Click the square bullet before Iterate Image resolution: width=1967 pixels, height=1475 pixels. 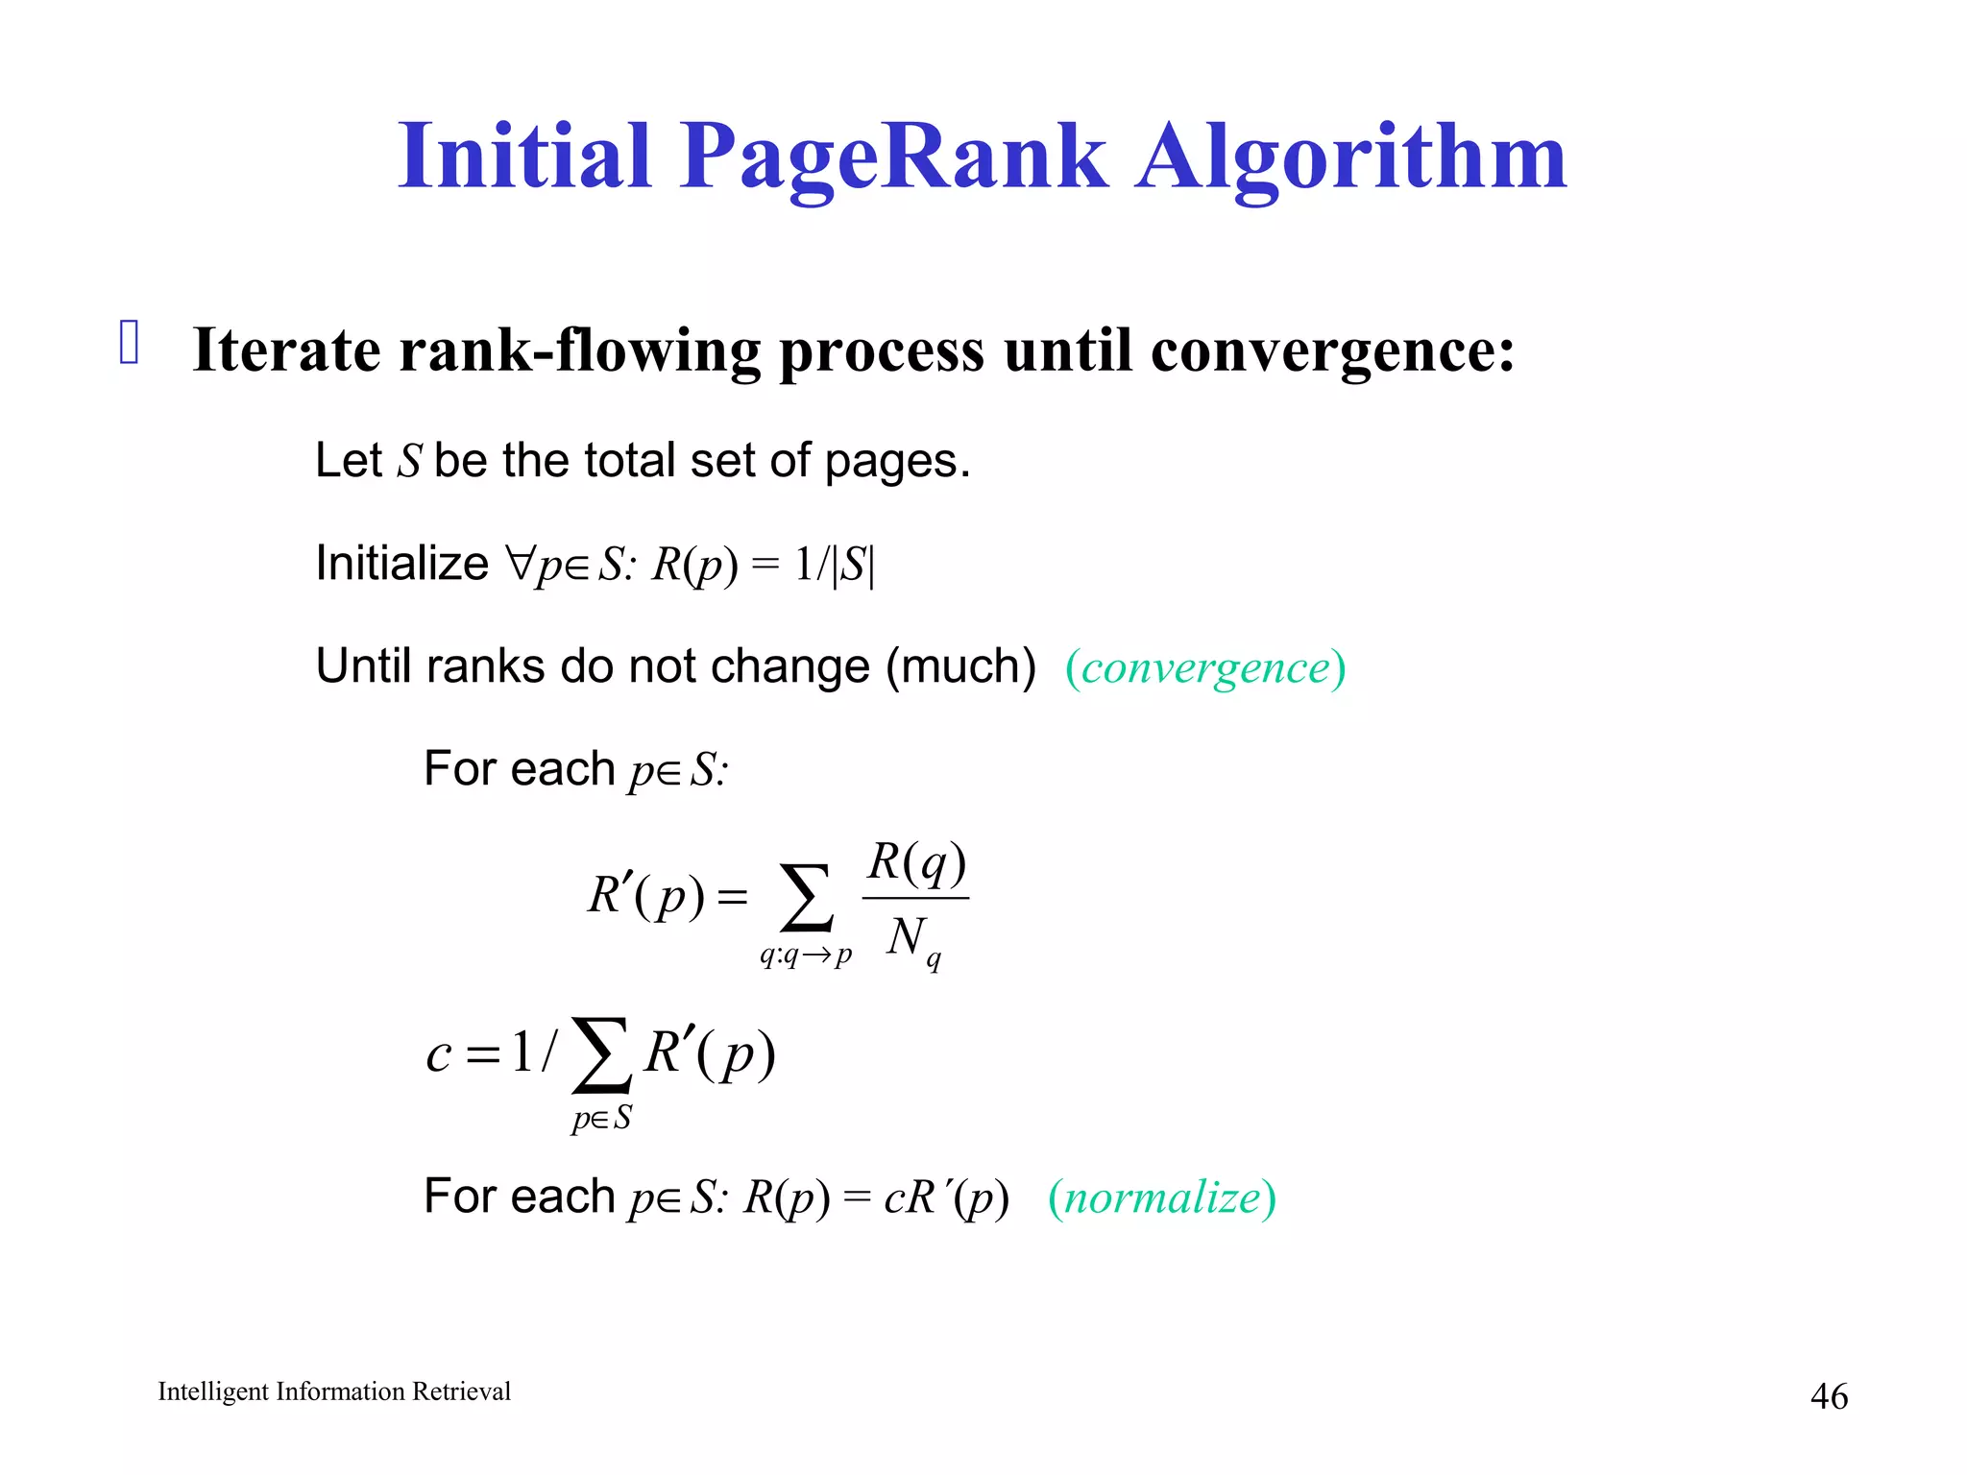click(130, 343)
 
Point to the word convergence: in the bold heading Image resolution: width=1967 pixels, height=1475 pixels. click(1332, 351)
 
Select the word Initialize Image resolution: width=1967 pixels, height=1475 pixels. click(401, 564)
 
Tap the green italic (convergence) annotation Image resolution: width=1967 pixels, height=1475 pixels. click(1205, 667)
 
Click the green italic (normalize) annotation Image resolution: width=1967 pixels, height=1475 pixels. click(1162, 1197)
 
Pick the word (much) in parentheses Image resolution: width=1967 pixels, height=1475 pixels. click(960, 666)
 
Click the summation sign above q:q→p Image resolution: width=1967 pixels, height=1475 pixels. click(805, 898)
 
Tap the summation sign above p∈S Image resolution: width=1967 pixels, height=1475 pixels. click(601, 1055)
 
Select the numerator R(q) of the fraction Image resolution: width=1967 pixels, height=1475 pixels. click(916, 861)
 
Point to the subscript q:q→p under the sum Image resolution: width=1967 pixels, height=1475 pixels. click(805, 955)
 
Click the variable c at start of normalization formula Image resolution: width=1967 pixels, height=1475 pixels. click(439, 1055)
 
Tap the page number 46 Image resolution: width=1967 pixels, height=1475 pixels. click(1828, 1396)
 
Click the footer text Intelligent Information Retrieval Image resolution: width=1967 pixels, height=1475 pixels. click(334, 1391)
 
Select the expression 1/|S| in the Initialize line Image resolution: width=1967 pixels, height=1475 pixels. click(835, 565)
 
